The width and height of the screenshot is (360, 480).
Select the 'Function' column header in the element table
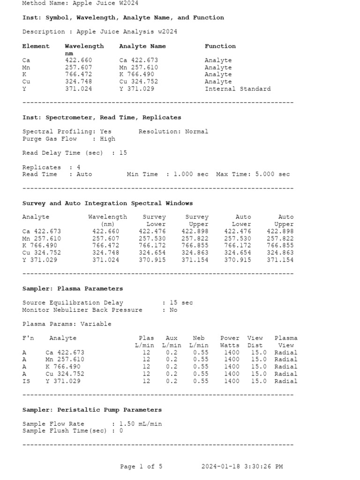pyautogui.click(x=220, y=46)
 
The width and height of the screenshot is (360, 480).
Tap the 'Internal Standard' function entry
pyautogui.click(x=237, y=89)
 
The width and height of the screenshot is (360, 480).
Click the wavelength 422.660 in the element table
pyautogui.click(x=78, y=60)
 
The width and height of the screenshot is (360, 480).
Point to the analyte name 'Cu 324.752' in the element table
pyautogui.click(x=138, y=82)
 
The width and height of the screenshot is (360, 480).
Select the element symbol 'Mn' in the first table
pyautogui.click(x=26, y=67)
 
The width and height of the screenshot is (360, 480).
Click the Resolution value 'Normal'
pyautogui.click(x=196, y=132)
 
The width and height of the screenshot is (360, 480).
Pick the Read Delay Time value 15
pyautogui.click(x=123, y=153)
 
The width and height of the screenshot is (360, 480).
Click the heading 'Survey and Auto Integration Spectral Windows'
pyautogui.click(x=107, y=203)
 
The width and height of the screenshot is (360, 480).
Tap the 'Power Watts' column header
pyautogui.click(x=230, y=341)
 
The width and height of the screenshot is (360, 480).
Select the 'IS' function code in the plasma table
pyautogui.click(x=26, y=381)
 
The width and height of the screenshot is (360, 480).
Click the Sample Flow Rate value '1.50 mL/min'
pyautogui.click(x=140, y=424)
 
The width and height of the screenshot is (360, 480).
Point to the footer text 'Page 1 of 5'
pyautogui.click(x=141, y=466)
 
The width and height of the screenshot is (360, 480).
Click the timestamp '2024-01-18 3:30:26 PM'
pyautogui.click(x=242, y=466)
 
